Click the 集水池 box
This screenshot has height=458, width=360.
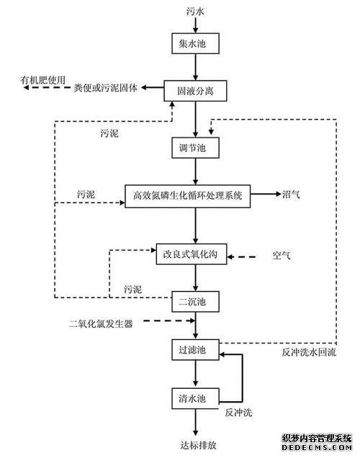click(x=195, y=43)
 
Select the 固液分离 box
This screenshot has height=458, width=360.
click(x=195, y=91)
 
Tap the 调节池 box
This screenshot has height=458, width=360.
click(x=195, y=148)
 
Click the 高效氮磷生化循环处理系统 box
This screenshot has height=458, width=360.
click(x=188, y=196)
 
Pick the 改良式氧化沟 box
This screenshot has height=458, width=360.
click(x=192, y=254)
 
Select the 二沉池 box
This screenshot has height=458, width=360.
click(x=195, y=302)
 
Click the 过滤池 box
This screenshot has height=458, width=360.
click(x=195, y=350)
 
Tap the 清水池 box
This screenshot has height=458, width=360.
click(x=195, y=398)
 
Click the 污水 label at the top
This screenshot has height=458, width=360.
click(x=195, y=12)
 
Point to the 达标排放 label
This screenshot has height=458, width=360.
click(x=199, y=445)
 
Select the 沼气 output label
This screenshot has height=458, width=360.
click(x=291, y=194)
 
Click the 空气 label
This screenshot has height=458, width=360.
click(x=282, y=256)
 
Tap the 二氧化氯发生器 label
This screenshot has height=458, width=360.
click(x=101, y=323)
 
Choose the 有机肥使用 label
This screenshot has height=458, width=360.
click(x=43, y=80)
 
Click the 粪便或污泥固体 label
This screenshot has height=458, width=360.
click(x=106, y=88)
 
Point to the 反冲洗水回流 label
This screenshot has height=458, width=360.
click(x=309, y=352)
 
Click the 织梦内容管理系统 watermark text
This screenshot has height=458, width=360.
click(x=317, y=438)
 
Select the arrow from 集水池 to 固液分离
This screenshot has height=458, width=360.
click(x=196, y=67)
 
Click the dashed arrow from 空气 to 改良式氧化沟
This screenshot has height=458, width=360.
click(x=241, y=257)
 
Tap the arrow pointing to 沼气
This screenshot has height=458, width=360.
click(x=266, y=194)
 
